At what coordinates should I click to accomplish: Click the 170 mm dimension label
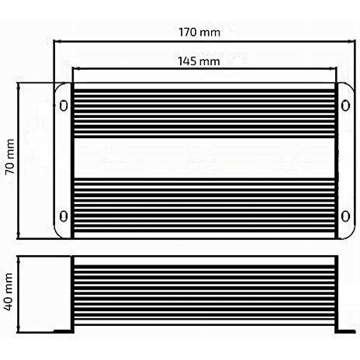[x=199, y=33]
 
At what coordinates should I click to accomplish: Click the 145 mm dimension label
[x=199, y=61]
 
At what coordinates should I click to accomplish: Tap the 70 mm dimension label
[x=10, y=157]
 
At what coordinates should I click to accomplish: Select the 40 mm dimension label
[x=9, y=292]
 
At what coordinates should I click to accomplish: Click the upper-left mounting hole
[x=64, y=106]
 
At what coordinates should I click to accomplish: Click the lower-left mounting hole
[x=64, y=216]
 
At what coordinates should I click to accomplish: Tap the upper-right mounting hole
[x=345, y=106]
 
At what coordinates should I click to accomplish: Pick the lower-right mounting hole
[x=345, y=216]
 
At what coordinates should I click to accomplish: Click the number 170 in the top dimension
[x=188, y=33]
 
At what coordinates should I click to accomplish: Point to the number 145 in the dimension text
[x=188, y=61]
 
